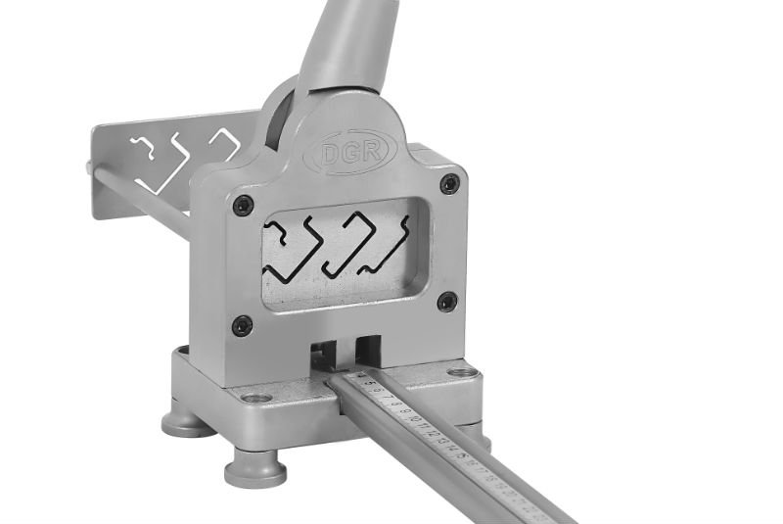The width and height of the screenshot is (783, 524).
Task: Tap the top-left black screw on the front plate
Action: [244, 205]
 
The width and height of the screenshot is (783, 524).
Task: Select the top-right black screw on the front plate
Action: [449, 183]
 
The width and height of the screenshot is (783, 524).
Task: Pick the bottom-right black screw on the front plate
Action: [447, 301]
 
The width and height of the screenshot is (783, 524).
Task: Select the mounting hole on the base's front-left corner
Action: [256, 398]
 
